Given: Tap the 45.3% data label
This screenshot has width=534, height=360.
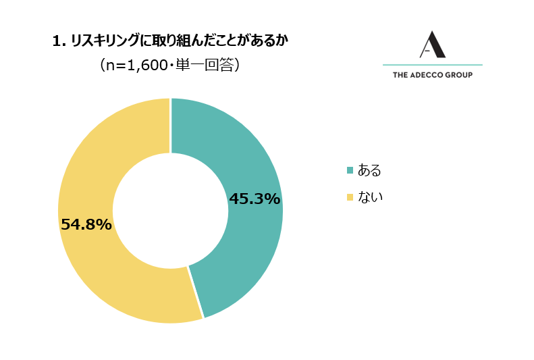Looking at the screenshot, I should [x=255, y=199].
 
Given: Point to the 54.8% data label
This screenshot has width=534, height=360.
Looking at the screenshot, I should [x=86, y=224].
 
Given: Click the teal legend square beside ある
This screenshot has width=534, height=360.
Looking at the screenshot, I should [x=350, y=170].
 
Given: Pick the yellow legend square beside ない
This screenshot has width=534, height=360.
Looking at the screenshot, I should [x=350, y=197].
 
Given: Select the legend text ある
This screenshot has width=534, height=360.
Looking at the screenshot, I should [x=369, y=170].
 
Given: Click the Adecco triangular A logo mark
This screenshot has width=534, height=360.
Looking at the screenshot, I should [x=432, y=44].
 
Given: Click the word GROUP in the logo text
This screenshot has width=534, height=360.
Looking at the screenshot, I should [x=459, y=75].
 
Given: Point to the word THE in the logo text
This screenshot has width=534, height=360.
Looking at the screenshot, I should [x=400, y=75].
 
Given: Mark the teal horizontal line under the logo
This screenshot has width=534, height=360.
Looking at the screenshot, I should [x=432, y=65].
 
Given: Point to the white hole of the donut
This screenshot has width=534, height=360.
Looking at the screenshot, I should [x=170, y=211].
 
